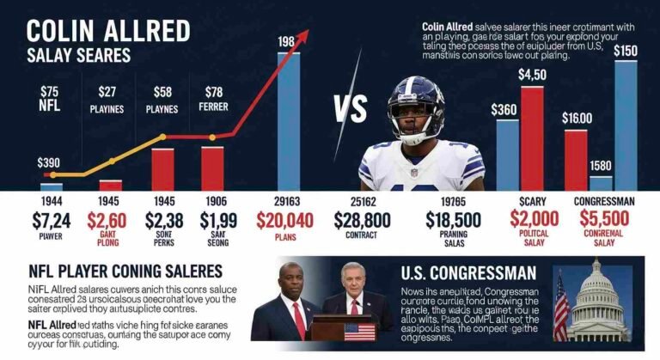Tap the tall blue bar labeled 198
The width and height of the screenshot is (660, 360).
tap(288, 120)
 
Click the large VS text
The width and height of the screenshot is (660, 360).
tap(348, 111)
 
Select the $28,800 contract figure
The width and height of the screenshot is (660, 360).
tap(361, 219)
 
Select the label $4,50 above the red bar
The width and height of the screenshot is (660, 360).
tap(532, 75)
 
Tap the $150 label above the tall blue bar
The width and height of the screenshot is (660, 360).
tap(625, 52)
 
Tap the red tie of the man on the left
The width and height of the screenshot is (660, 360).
tap(297, 320)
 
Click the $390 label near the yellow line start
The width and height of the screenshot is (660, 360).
tap(50, 162)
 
